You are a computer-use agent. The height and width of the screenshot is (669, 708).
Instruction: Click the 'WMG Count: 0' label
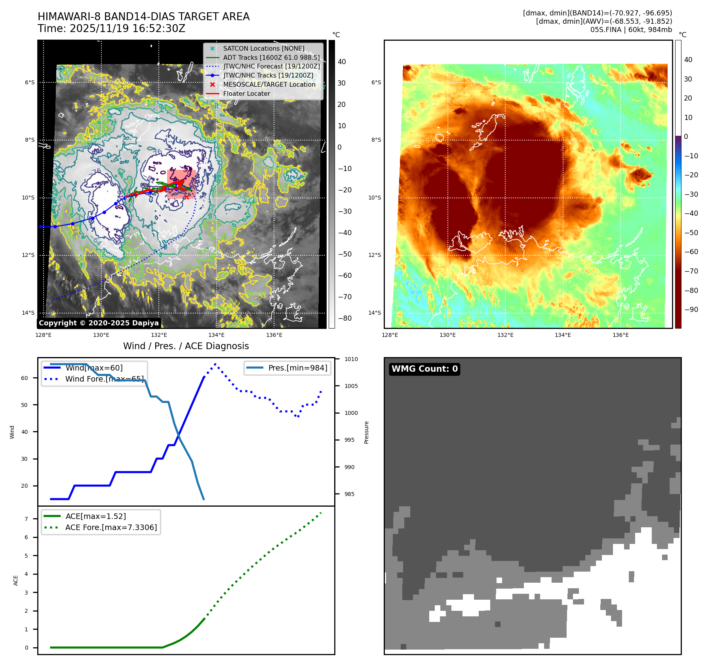[424, 369]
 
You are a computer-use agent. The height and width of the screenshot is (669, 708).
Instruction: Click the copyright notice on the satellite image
[99, 323]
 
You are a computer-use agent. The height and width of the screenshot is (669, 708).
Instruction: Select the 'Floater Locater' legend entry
[246, 94]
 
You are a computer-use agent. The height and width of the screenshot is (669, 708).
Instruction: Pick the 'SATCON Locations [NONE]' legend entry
[263, 49]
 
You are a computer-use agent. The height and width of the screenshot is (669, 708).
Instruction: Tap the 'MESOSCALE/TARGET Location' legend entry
[269, 85]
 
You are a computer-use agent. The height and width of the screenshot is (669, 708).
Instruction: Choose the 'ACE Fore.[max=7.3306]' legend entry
[111, 528]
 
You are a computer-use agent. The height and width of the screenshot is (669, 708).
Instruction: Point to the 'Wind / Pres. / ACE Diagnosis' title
[186, 346]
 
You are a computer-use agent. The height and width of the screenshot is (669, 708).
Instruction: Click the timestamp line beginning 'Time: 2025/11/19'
[111, 29]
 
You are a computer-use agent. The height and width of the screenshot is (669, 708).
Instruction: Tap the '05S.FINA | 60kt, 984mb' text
[631, 30]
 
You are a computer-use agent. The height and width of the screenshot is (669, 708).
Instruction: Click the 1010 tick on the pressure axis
[351, 359]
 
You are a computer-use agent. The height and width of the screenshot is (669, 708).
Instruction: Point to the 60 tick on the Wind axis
[25, 378]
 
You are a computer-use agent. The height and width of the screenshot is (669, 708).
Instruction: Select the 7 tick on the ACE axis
[27, 519]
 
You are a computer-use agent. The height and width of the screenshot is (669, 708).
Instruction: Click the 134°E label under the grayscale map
[217, 335]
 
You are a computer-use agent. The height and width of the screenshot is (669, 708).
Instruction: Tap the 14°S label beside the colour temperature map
[375, 313]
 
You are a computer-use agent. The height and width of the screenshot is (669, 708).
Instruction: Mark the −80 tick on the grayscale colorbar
[344, 319]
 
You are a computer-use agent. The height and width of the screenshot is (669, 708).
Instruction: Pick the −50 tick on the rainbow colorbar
[691, 233]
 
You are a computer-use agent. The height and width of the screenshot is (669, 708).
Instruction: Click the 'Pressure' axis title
[367, 432]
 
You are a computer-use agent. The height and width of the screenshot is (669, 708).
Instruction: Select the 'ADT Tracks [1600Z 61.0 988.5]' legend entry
[271, 58]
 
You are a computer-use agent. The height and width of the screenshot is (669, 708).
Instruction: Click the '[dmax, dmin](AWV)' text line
[604, 21]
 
